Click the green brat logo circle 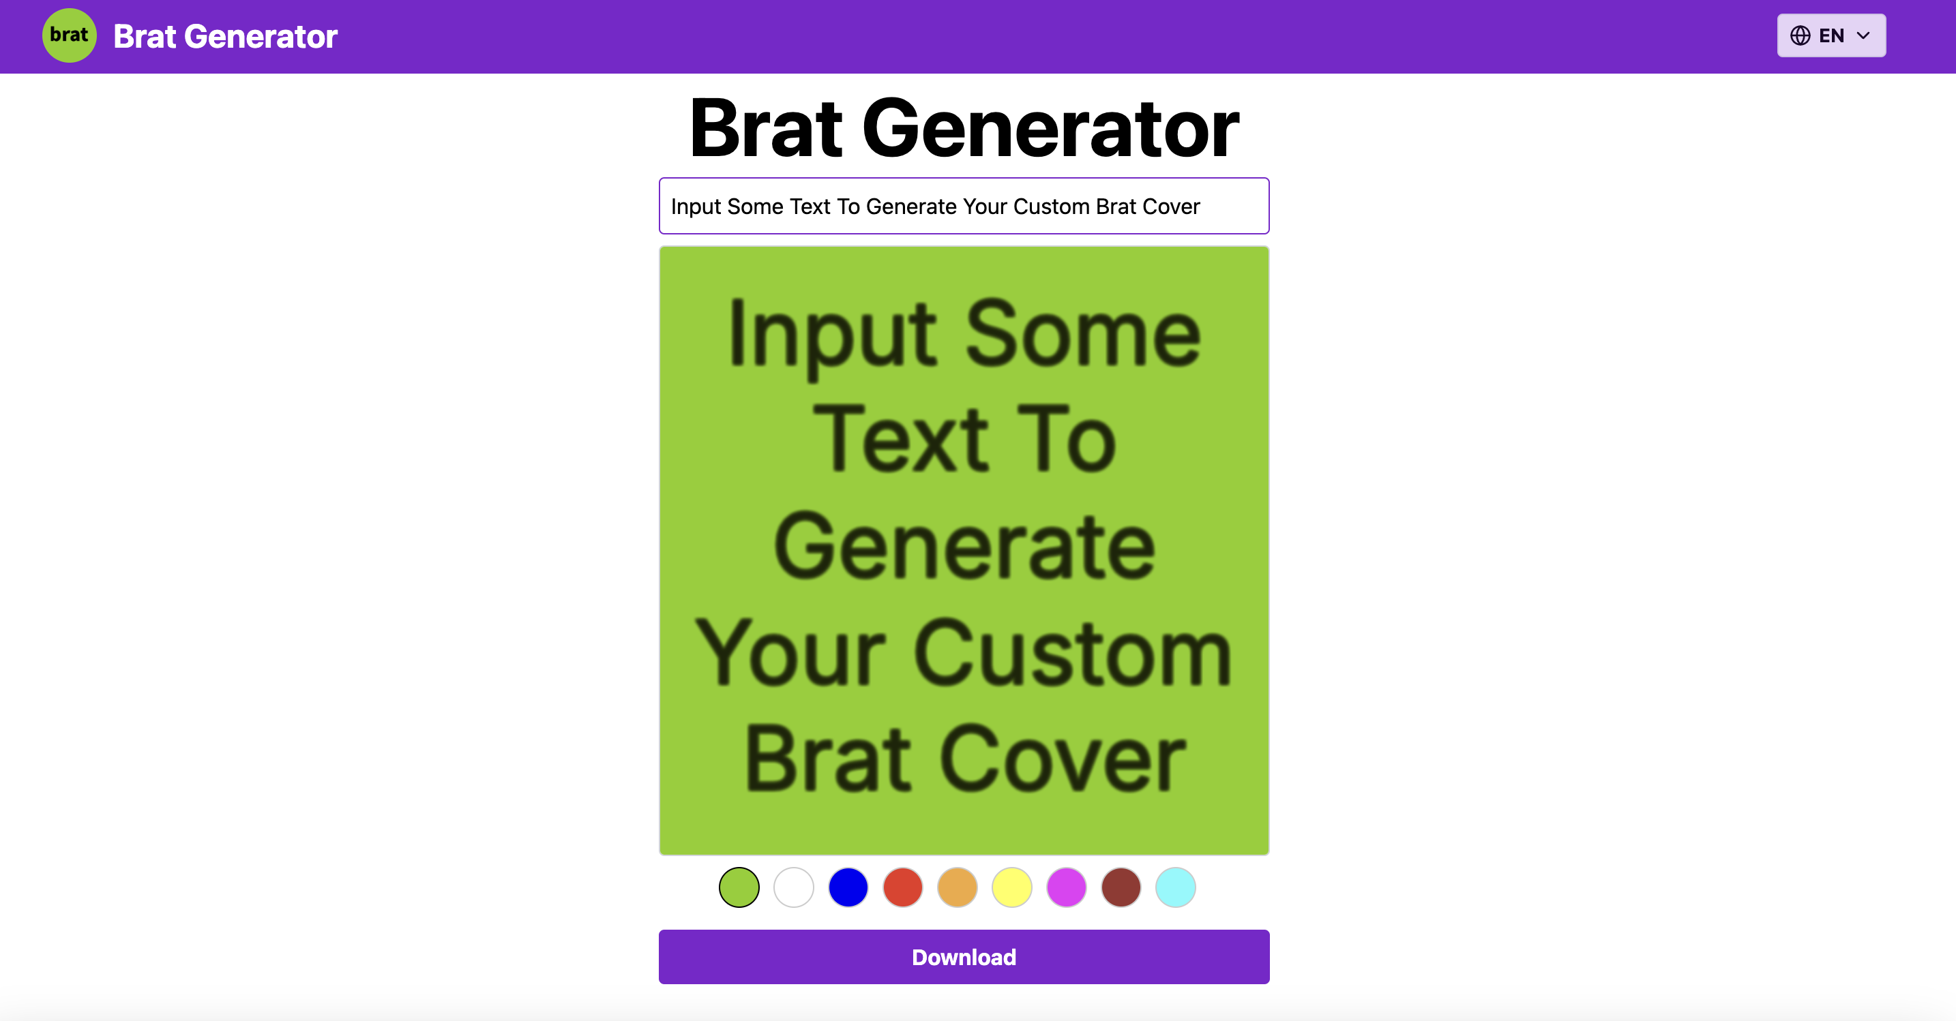click(69, 35)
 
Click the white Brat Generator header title click(225, 36)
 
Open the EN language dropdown click(1831, 35)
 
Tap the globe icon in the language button click(1800, 35)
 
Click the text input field click(964, 207)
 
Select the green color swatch click(739, 887)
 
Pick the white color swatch click(793, 887)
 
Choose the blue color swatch click(848, 887)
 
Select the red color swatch click(903, 887)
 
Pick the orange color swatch click(957, 887)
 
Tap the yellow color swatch click(1011, 887)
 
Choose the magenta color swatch click(1066, 887)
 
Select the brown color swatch click(1121, 887)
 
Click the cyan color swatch click(1175, 887)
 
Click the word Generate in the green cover click(964, 547)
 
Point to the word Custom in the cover click(1072, 653)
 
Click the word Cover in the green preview click(1063, 759)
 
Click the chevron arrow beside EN click(1863, 35)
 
